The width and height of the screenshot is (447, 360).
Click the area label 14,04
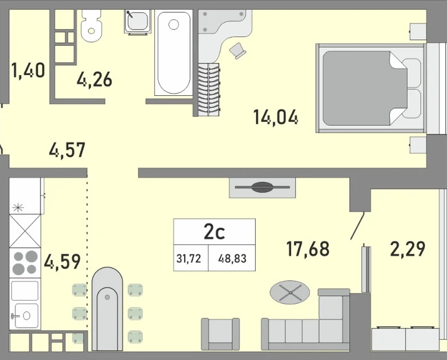(276, 117)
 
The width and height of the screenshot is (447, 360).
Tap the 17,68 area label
(308, 248)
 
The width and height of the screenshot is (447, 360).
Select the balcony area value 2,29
(408, 248)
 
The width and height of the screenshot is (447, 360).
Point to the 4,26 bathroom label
(94, 80)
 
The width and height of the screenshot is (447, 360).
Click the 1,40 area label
(28, 70)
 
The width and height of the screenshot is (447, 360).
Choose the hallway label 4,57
(67, 150)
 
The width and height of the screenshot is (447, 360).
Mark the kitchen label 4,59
(62, 262)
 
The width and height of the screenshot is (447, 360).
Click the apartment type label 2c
(214, 232)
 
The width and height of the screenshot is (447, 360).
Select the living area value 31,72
(189, 259)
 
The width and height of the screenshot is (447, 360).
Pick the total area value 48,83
(232, 259)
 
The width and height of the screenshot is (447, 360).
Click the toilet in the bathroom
(92, 26)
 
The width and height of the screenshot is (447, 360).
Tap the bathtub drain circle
(173, 25)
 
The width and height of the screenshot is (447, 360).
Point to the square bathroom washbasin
(137, 21)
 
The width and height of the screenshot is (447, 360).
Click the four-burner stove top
(25, 263)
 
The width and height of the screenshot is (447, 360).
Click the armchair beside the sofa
(220, 334)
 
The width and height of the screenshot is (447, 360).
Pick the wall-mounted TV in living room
(263, 187)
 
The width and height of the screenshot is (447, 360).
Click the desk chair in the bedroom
(238, 51)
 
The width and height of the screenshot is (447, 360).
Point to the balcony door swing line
(358, 226)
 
